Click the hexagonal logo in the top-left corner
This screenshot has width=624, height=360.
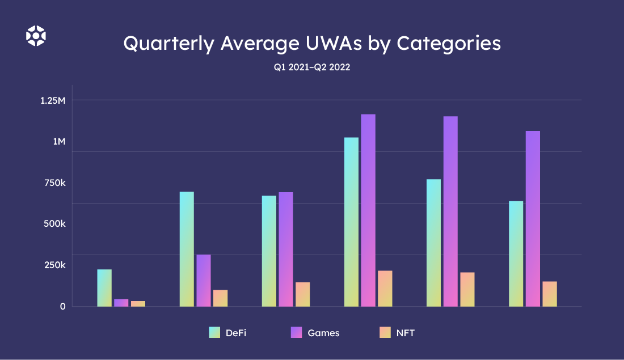tap(36, 36)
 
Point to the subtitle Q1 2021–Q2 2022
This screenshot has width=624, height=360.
tap(311, 67)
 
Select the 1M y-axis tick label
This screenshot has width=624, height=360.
tap(59, 141)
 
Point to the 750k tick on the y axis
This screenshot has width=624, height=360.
tap(55, 183)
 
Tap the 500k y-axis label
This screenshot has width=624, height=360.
tap(55, 223)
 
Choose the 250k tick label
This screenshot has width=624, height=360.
tap(55, 265)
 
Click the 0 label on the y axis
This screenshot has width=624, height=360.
tap(63, 306)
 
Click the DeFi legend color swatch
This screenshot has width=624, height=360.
tap(214, 333)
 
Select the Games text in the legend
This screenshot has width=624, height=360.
tap(323, 333)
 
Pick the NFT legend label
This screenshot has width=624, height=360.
tap(406, 333)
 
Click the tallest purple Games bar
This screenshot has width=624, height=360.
tap(368, 210)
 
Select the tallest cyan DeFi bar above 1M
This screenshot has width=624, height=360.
tap(351, 222)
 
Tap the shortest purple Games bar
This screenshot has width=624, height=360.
tap(121, 303)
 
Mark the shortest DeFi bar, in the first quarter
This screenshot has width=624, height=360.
tap(104, 288)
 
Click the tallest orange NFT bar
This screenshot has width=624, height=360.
tap(385, 289)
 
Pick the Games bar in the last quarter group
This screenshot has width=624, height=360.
tap(533, 218)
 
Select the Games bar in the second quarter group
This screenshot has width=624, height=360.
tap(204, 281)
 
